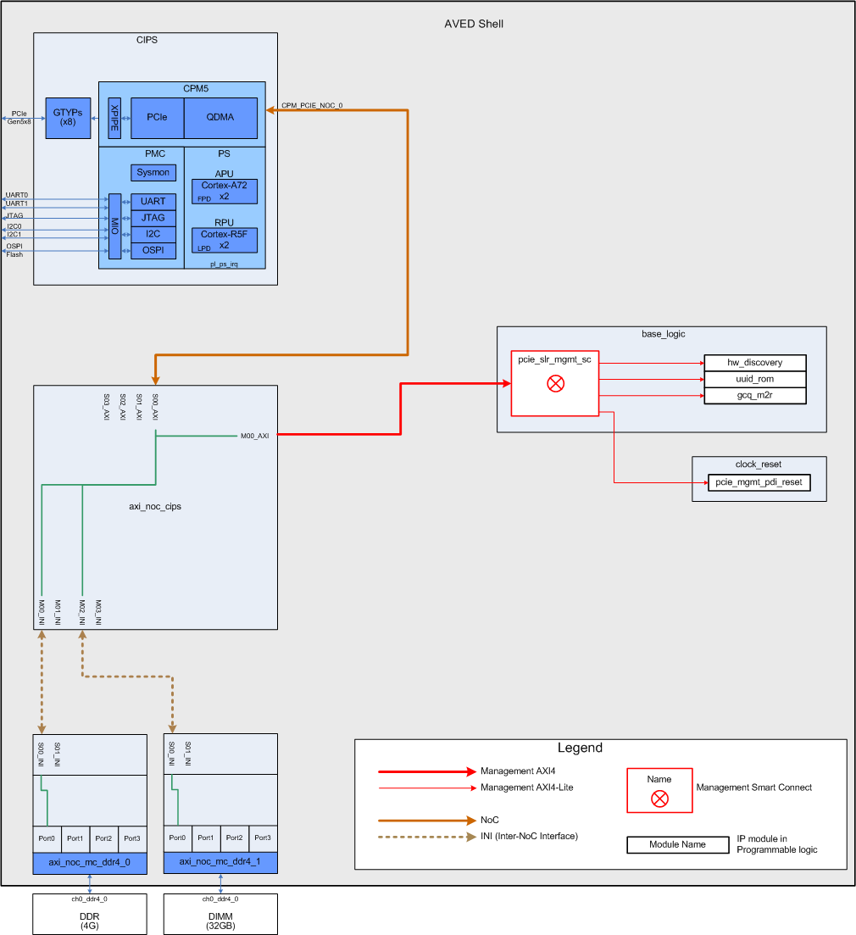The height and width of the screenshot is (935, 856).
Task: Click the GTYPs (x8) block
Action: (68, 118)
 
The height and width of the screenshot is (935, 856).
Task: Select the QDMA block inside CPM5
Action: (220, 118)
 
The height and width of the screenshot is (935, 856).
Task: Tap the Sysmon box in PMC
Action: (153, 172)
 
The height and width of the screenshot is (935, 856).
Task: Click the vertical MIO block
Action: (114, 226)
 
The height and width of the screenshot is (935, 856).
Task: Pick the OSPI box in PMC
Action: (153, 250)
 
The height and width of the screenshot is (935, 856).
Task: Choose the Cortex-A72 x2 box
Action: (225, 191)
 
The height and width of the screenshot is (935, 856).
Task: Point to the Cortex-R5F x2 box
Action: (225, 240)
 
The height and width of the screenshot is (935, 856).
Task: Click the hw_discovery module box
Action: (754, 363)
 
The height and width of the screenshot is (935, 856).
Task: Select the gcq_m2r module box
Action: (754, 396)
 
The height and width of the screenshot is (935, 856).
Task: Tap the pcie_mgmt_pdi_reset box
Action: (759, 482)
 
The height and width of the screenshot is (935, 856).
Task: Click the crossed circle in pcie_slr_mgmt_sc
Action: (556, 383)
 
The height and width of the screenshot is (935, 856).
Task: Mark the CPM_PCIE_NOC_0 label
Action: (312, 106)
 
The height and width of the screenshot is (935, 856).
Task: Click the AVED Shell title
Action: (474, 24)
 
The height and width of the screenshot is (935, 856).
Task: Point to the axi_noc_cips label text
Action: (155, 507)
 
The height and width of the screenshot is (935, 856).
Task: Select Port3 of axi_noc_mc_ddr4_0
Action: (132, 838)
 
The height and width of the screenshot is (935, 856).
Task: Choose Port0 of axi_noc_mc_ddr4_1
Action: (177, 838)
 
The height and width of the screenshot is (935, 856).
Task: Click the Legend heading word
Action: (580, 748)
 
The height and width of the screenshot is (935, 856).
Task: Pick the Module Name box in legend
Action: (677, 844)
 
